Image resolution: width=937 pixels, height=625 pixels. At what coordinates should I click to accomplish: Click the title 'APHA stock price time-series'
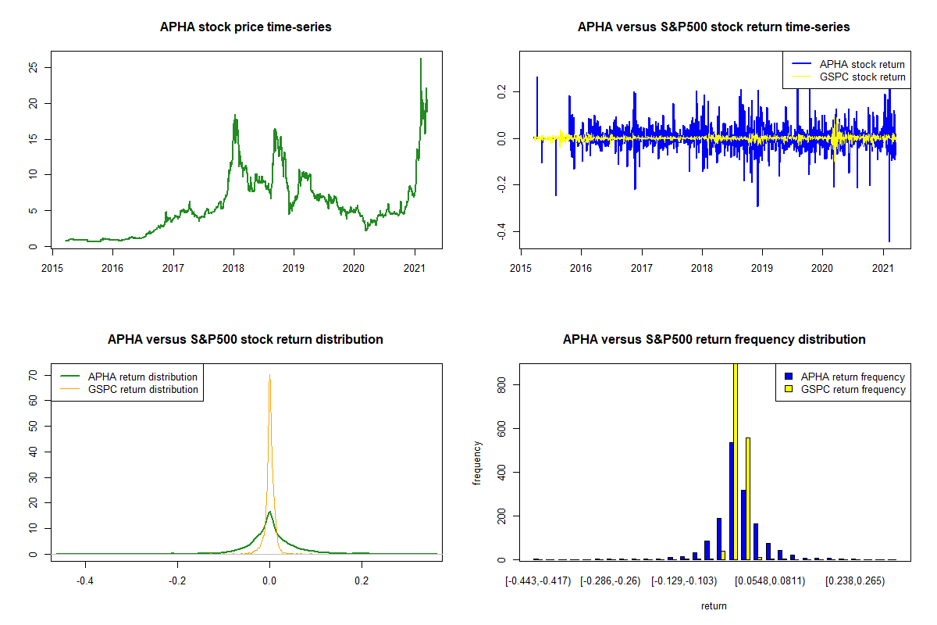(245, 27)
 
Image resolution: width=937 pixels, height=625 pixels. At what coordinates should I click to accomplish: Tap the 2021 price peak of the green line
(421, 59)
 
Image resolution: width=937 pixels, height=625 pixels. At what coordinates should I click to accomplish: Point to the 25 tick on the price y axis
(32, 67)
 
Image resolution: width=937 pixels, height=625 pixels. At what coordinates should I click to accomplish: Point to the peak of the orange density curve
(269, 376)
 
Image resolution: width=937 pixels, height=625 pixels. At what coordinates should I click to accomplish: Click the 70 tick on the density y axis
(32, 375)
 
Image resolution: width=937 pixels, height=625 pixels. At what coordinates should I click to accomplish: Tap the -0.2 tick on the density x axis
(177, 581)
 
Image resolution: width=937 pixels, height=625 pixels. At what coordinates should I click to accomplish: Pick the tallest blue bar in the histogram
(732, 501)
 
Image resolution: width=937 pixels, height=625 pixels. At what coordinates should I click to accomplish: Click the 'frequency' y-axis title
(477, 463)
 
